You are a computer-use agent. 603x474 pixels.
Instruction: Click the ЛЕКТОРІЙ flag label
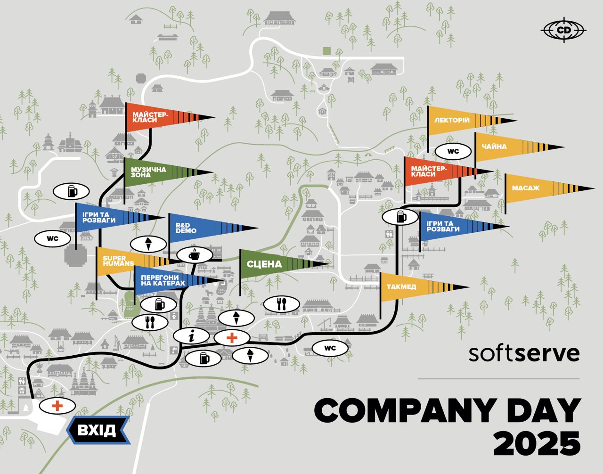tap(452, 120)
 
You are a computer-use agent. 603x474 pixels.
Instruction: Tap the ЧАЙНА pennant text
tap(494, 147)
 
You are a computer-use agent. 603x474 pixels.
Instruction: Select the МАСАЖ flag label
tap(526, 188)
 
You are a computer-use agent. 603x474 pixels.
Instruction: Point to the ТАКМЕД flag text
tap(401, 287)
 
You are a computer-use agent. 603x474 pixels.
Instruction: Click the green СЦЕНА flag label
tap(264, 264)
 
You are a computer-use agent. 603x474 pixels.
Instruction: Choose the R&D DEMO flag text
tap(186, 228)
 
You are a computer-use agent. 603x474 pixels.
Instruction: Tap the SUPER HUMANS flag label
tap(118, 261)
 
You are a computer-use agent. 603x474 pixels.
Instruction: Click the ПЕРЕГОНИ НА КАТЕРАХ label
tap(163, 280)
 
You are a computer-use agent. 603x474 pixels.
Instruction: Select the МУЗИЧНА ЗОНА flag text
tap(148, 172)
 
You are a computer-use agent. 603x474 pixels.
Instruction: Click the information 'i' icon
tap(191, 336)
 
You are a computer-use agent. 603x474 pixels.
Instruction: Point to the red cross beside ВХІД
tap(57, 406)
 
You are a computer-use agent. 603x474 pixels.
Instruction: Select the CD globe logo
tap(563, 30)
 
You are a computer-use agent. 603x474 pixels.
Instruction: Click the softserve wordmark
tap(524, 353)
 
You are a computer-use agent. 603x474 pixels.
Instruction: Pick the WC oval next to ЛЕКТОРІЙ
tap(453, 152)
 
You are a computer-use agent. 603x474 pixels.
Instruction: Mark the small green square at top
tap(326, 51)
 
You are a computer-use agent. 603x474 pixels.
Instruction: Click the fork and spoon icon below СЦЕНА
tap(281, 304)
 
